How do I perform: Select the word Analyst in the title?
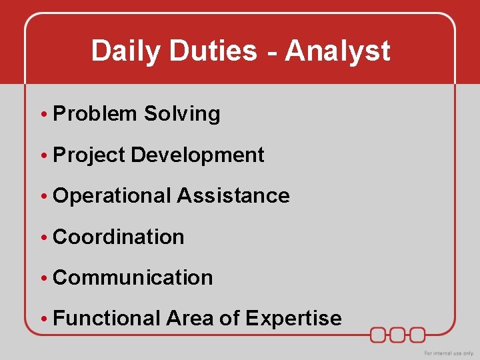337,51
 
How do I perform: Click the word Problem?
94,114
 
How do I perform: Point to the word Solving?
182,114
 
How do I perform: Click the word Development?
198,155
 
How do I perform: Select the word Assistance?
233,196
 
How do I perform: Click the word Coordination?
119,237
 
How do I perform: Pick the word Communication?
133,277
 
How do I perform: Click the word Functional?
107,319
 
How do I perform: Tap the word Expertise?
293,319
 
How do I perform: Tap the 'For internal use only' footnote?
449,353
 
